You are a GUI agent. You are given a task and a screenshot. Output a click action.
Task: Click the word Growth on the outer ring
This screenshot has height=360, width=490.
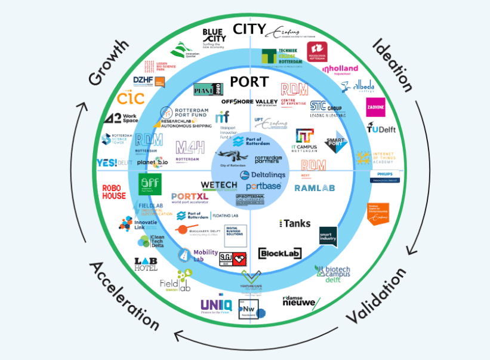point(109,63)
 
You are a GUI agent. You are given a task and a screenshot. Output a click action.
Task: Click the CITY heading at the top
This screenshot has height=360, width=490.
point(249,29)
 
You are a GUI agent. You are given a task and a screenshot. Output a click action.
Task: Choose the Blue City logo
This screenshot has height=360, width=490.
point(214,36)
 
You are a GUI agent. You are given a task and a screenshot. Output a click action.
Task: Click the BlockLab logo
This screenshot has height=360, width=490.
point(280,253)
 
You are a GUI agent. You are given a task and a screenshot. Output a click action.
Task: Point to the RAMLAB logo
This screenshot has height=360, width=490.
point(315,187)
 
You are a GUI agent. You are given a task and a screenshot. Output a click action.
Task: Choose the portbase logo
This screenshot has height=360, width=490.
point(263,186)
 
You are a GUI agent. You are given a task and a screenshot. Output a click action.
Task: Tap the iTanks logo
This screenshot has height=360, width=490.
point(295,223)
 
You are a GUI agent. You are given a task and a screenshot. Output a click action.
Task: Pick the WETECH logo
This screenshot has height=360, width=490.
point(219,186)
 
